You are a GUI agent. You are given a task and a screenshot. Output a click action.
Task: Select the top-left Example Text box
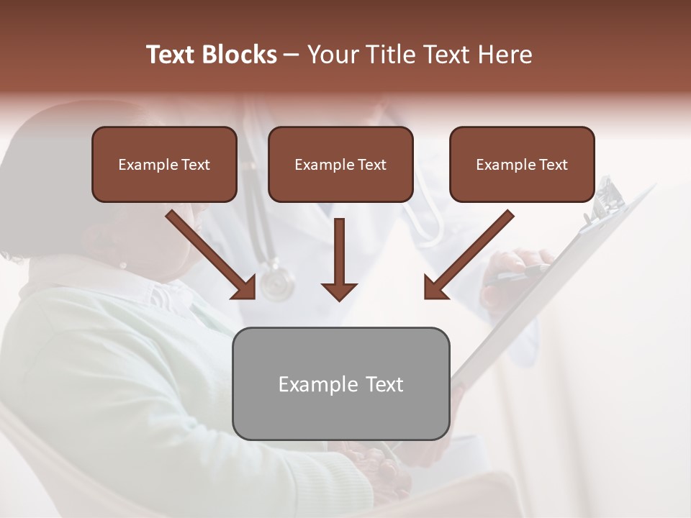point(164,164)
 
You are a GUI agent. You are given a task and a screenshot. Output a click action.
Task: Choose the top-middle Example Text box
point(340,164)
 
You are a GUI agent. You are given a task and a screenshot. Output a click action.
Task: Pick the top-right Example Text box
point(522,164)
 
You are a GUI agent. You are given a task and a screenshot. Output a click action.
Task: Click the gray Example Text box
point(340,383)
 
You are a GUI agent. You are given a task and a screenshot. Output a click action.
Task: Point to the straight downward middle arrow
point(339,259)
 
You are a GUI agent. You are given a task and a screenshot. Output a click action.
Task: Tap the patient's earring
point(123,265)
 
